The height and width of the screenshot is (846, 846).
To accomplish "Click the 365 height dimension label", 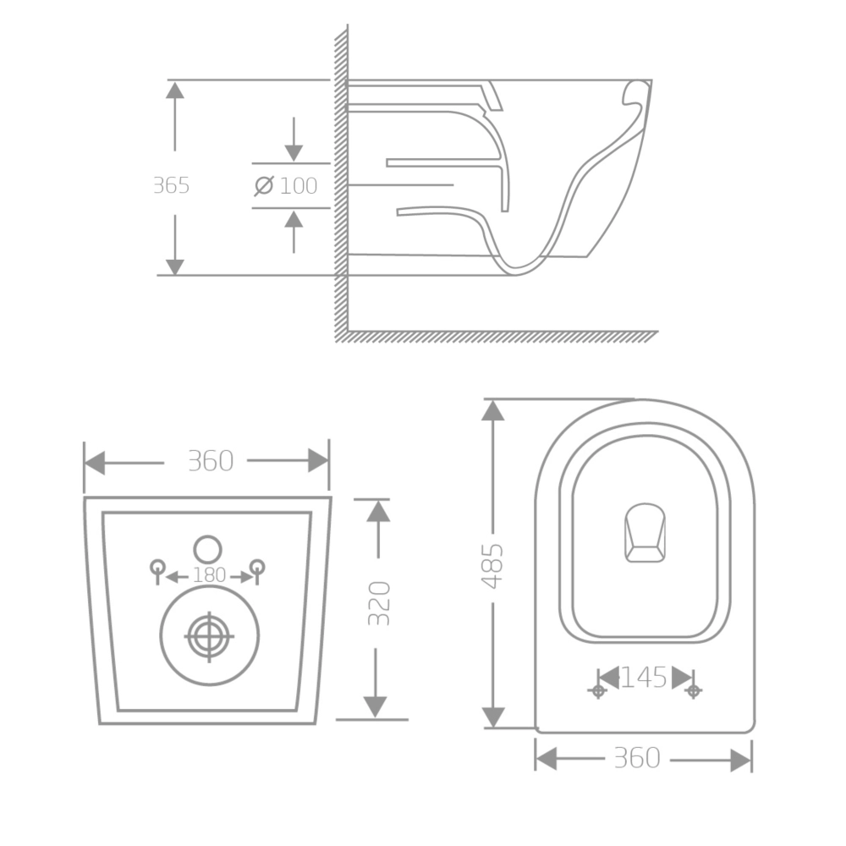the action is pos(172,185).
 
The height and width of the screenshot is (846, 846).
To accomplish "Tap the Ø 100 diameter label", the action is pos(286,185).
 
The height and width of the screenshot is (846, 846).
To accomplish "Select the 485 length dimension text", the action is pos(492,566).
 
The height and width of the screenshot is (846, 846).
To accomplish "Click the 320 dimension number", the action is pos(379,603).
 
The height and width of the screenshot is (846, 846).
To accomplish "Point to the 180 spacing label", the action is pos(209,575).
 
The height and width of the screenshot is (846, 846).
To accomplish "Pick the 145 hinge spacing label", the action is pos(644,678).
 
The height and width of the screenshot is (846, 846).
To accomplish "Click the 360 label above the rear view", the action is pos(211,461).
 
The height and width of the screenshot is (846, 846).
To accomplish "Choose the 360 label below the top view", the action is pos(637,757).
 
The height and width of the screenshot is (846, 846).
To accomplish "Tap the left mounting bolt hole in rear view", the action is pos(157,568).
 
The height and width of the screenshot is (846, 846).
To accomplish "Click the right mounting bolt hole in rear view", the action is pos(257,568).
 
